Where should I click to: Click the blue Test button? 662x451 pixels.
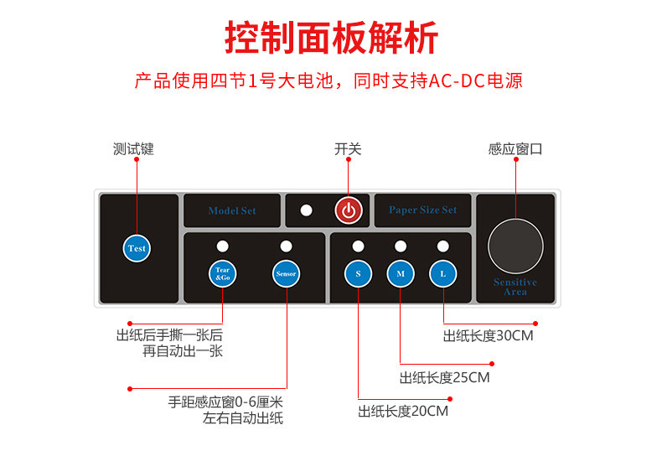coord(137,248)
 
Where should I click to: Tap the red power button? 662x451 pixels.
coord(349,210)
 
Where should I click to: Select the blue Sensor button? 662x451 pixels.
coord(285,273)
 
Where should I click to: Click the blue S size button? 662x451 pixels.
coord(358,273)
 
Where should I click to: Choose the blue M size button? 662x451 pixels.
coord(400,273)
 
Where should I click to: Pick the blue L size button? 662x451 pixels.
coord(442,273)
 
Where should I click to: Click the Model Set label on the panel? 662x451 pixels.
coord(232,210)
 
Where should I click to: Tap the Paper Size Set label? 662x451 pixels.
coord(422,210)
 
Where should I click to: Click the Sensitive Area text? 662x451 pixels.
coord(515,287)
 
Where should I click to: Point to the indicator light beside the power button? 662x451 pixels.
coord(307,210)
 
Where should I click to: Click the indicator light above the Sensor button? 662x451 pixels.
coord(286,246)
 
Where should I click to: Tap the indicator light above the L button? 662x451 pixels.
coord(442,246)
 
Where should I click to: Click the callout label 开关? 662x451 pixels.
coord(348,149)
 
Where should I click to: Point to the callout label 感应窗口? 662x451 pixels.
coord(515,149)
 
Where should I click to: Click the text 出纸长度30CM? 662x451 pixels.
coord(488,335)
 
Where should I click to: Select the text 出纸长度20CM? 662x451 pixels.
coord(403,411)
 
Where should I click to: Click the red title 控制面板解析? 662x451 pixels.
coord(331,38)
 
